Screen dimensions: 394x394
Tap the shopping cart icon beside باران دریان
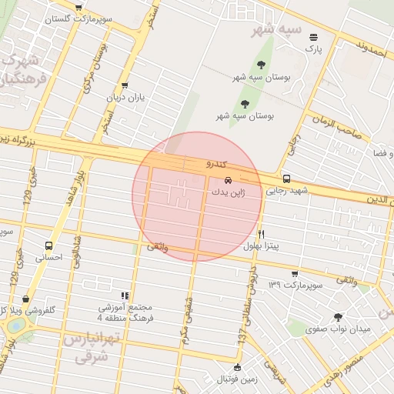pyautogui.click(x=125, y=86)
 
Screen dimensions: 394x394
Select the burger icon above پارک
pyautogui.click(x=313, y=37)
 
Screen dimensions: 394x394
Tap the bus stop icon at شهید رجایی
pyautogui.click(x=287, y=179)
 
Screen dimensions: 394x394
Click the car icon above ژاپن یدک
pyautogui.click(x=226, y=182)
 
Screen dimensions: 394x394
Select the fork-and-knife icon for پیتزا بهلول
pyautogui.click(x=262, y=234)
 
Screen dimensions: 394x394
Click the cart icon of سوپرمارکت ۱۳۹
pyautogui.click(x=295, y=274)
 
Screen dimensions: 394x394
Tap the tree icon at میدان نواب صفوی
pyautogui.click(x=338, y=316)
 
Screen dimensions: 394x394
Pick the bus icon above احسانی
pyautogui.click(x=49, y=246)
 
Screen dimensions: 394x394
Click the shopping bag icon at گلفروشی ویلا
pyautogui.click(x=27, y=299)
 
